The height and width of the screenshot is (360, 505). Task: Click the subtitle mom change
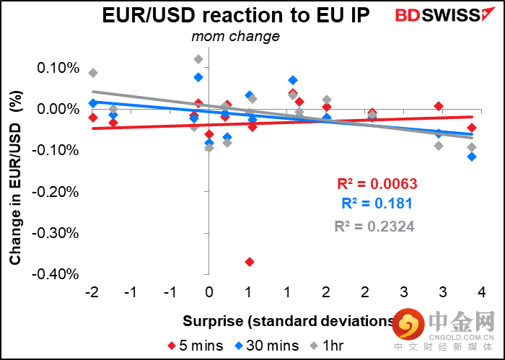point(235,36)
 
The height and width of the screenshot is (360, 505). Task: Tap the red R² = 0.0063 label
point(377,183)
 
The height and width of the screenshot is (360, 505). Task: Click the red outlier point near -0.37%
point(249,262)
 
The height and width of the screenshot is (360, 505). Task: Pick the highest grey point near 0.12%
point(198,59)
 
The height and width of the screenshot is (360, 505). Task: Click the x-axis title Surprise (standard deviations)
point(289,320)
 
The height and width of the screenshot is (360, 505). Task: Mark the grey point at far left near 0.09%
point(93,73)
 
